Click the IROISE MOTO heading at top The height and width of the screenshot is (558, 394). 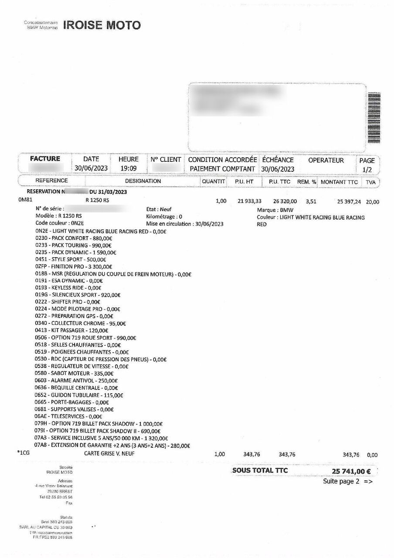pyautogui.click(x=102, y=25)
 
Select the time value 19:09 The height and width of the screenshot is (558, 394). pyautogui.click(x=128, y=169)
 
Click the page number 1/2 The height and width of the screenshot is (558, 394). pyautogui.click(x=367, y=169)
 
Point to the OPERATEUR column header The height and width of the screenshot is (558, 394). pyautogui.click(x=326, y=160)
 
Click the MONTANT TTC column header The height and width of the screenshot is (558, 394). pyautogui.click(x=339, y=181)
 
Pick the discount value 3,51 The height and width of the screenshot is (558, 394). pyautogui.click(x=311, y=201)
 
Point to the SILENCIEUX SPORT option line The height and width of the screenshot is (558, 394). pyautogui.click(x=78, y=295)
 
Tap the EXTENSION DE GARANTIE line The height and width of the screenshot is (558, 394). pyautogui.click(x=113, y=446)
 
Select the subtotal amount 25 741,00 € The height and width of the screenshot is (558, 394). pyautogui.click(x=351, y=471)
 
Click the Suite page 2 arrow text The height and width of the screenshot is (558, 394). pyautogui.click(x=348, y=482)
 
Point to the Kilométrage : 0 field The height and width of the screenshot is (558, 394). pyautogui.click(x=165, y=216)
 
